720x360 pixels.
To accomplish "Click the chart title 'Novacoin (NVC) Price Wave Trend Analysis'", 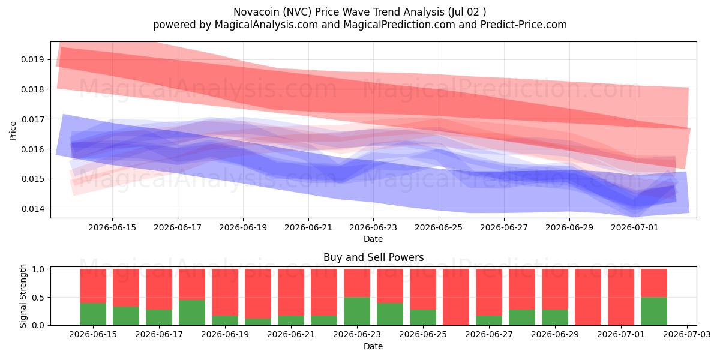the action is point(338,12).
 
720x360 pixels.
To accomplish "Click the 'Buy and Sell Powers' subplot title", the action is point(373,257).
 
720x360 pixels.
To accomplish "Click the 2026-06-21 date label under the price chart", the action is point(308,227).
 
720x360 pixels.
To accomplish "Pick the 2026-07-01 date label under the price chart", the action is point(635,227).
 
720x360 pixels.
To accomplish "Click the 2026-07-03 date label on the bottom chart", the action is point(687,334).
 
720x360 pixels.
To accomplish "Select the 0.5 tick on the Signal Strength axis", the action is point(38,298).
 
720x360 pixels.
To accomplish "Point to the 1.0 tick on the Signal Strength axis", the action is point(38,269).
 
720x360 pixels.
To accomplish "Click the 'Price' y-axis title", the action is point(13,131).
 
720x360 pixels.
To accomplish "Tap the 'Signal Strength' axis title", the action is point(23,296).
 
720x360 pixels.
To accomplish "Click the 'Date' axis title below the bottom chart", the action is point(373,346).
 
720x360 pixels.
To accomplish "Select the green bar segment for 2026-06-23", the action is point(357,311).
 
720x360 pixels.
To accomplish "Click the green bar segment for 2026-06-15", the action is point(93,314).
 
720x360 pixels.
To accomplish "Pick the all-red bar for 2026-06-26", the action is point(456,297).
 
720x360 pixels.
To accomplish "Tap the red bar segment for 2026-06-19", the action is point(225,292).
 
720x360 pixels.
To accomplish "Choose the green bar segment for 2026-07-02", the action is point(654,311).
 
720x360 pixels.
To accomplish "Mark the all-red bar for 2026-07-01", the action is point(621,297).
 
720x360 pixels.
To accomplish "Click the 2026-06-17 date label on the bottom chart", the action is point(159,334).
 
